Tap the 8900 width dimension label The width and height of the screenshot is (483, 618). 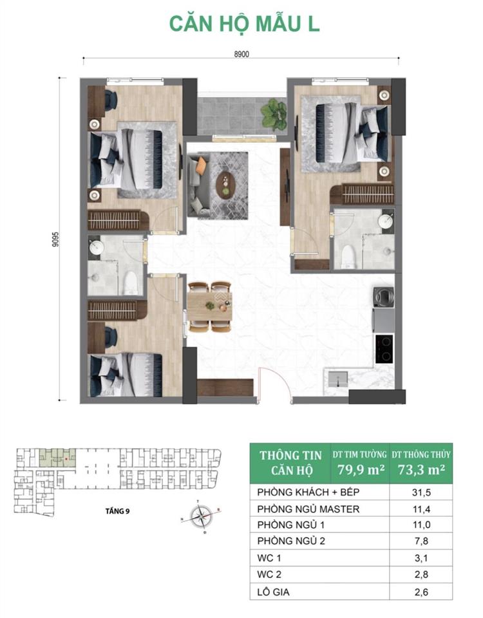coord(241,55)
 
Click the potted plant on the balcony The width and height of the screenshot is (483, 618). coord(273,114)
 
